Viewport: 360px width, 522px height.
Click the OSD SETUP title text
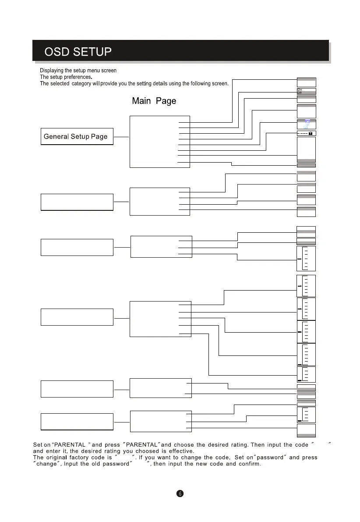pos(78,52)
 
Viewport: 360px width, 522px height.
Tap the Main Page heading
pos(154,101)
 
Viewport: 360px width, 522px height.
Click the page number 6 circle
pos(180,494)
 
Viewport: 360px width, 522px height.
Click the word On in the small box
pos(300,89)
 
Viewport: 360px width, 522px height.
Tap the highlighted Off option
pos(300,93)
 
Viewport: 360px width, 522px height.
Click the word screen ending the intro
pos(220,84)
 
